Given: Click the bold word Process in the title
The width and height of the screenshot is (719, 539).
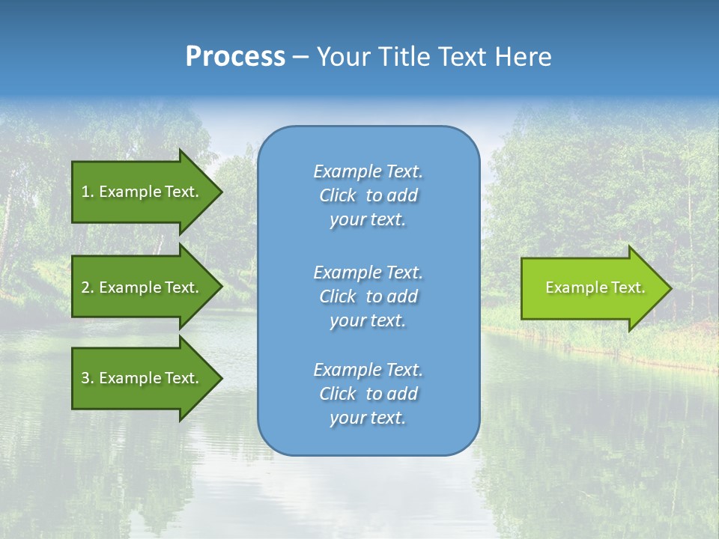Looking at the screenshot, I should [235, 57].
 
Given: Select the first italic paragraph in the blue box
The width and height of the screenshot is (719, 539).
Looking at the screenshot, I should [368, 195].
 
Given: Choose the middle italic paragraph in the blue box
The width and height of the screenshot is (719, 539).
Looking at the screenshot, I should [368, 296].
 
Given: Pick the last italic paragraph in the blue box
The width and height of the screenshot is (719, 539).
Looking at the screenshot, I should [368, 394].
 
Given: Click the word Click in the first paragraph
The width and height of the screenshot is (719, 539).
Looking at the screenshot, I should [338, 195].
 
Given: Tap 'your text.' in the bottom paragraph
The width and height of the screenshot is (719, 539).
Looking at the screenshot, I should [368, 418].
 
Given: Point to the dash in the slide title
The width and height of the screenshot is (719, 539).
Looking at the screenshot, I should [300, 57].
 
